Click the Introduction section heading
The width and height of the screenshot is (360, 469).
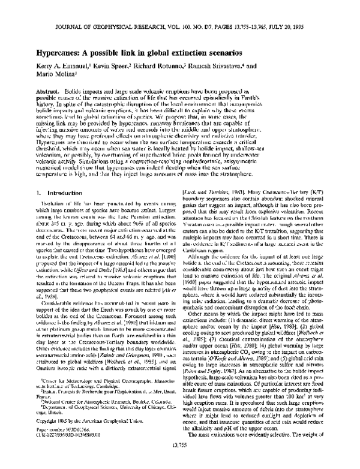tap(52, 193)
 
